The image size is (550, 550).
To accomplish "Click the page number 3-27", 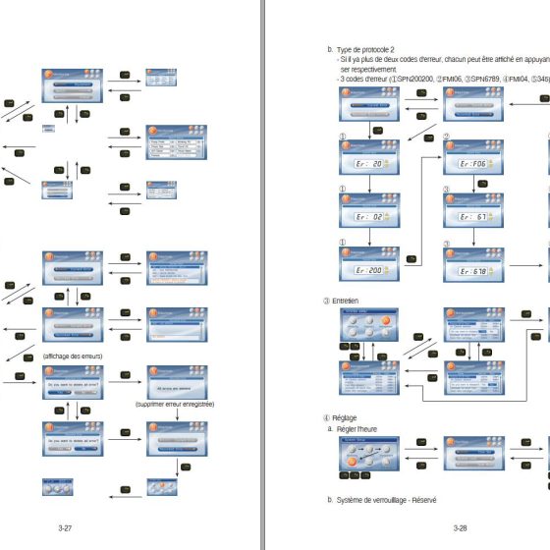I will tap(65, 528).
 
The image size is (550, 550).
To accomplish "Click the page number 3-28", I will tap(460, 528).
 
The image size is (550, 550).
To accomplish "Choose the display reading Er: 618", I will tap(472, 270).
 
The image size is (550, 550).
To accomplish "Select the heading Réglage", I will tap(344, 418).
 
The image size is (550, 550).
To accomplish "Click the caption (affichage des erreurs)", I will tap(74, 355).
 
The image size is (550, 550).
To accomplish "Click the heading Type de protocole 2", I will tap(364, 49).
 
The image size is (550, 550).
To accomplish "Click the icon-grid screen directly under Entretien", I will tap(368, 324).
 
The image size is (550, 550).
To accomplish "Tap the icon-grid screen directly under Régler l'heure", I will tap(368, 455).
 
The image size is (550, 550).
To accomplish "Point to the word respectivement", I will tap(373, 71).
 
